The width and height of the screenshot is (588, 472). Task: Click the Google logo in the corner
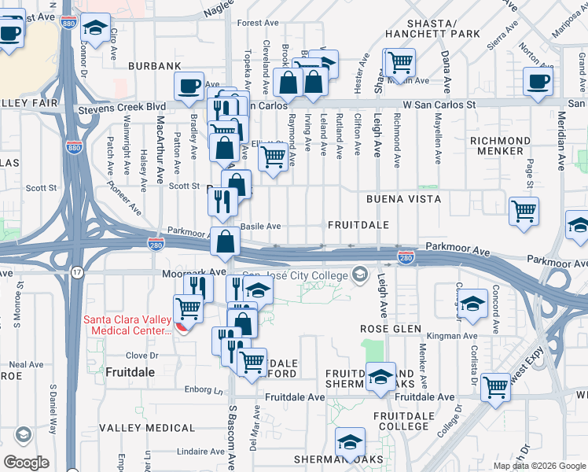[26, 462]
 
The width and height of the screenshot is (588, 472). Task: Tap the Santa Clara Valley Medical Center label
[127, 325]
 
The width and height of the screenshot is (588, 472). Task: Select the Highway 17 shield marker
[76, 271]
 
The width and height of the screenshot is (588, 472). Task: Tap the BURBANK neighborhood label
[149, 68]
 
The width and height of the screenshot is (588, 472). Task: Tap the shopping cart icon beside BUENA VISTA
[524, 211]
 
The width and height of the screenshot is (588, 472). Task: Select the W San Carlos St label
[440, 104]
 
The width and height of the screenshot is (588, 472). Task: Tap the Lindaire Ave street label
[200, 452]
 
